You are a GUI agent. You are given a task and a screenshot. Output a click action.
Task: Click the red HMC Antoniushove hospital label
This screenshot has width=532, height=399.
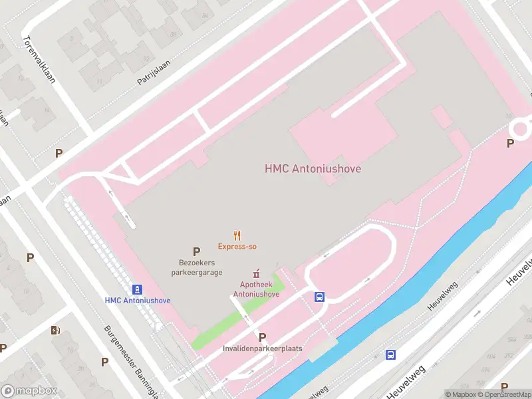(x=313, y=169)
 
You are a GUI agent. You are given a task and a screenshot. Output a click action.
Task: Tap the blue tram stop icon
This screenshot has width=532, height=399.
(x=137, y=289)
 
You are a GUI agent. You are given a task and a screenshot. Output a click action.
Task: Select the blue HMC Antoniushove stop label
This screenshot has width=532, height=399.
(x=137, y=301)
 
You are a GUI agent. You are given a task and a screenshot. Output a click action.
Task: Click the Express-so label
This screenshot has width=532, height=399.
(x=237, y=247)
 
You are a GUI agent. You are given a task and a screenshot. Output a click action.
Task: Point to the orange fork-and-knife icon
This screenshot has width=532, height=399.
(x=237, y=235)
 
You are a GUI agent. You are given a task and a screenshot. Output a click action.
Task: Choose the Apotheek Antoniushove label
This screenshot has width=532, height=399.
(x=255, y=289)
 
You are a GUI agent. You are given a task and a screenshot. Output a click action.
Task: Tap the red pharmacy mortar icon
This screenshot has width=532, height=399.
(x=255, y=274)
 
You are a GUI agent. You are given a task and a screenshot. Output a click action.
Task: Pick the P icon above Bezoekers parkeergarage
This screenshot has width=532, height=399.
(x=196, y=251)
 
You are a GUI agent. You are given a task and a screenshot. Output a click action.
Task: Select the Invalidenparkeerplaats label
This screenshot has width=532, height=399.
(x=262, y=348)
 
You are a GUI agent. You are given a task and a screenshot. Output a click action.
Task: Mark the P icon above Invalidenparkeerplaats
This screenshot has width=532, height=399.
(x=262, y=337)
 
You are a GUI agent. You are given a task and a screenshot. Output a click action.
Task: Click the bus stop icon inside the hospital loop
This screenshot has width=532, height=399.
(x=320, y=297)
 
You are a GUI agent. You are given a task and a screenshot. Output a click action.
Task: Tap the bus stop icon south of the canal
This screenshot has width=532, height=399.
(x=391, y=354)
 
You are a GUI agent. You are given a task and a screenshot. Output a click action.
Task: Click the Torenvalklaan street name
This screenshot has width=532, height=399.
(x=39, y=59)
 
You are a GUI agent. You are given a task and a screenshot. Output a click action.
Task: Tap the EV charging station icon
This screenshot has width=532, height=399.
(x=56, y=330)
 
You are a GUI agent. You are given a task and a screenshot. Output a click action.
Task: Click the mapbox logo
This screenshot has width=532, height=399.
(x=29, y=390)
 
